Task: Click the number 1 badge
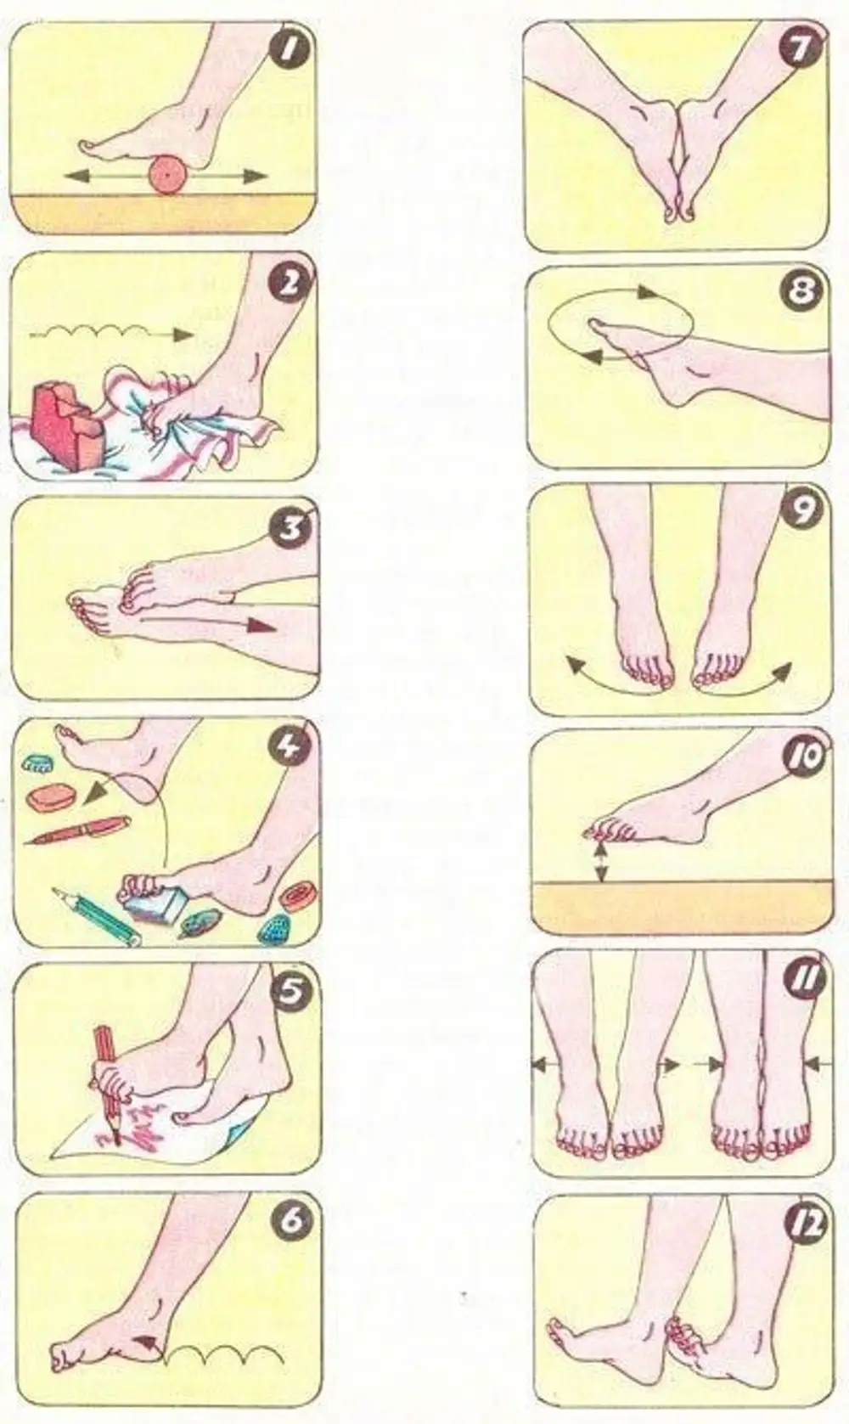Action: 290,49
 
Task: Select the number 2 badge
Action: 292,285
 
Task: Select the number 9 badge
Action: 802,511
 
